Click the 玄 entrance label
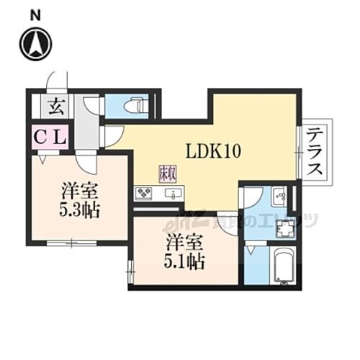coord(55,108)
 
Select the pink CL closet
coord(49,135)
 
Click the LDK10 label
coord(212,152)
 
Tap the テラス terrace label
coord(315,151)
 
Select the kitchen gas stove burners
coord(144,193)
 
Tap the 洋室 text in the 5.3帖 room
coord(80,192)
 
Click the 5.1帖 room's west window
coord(130,271)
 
